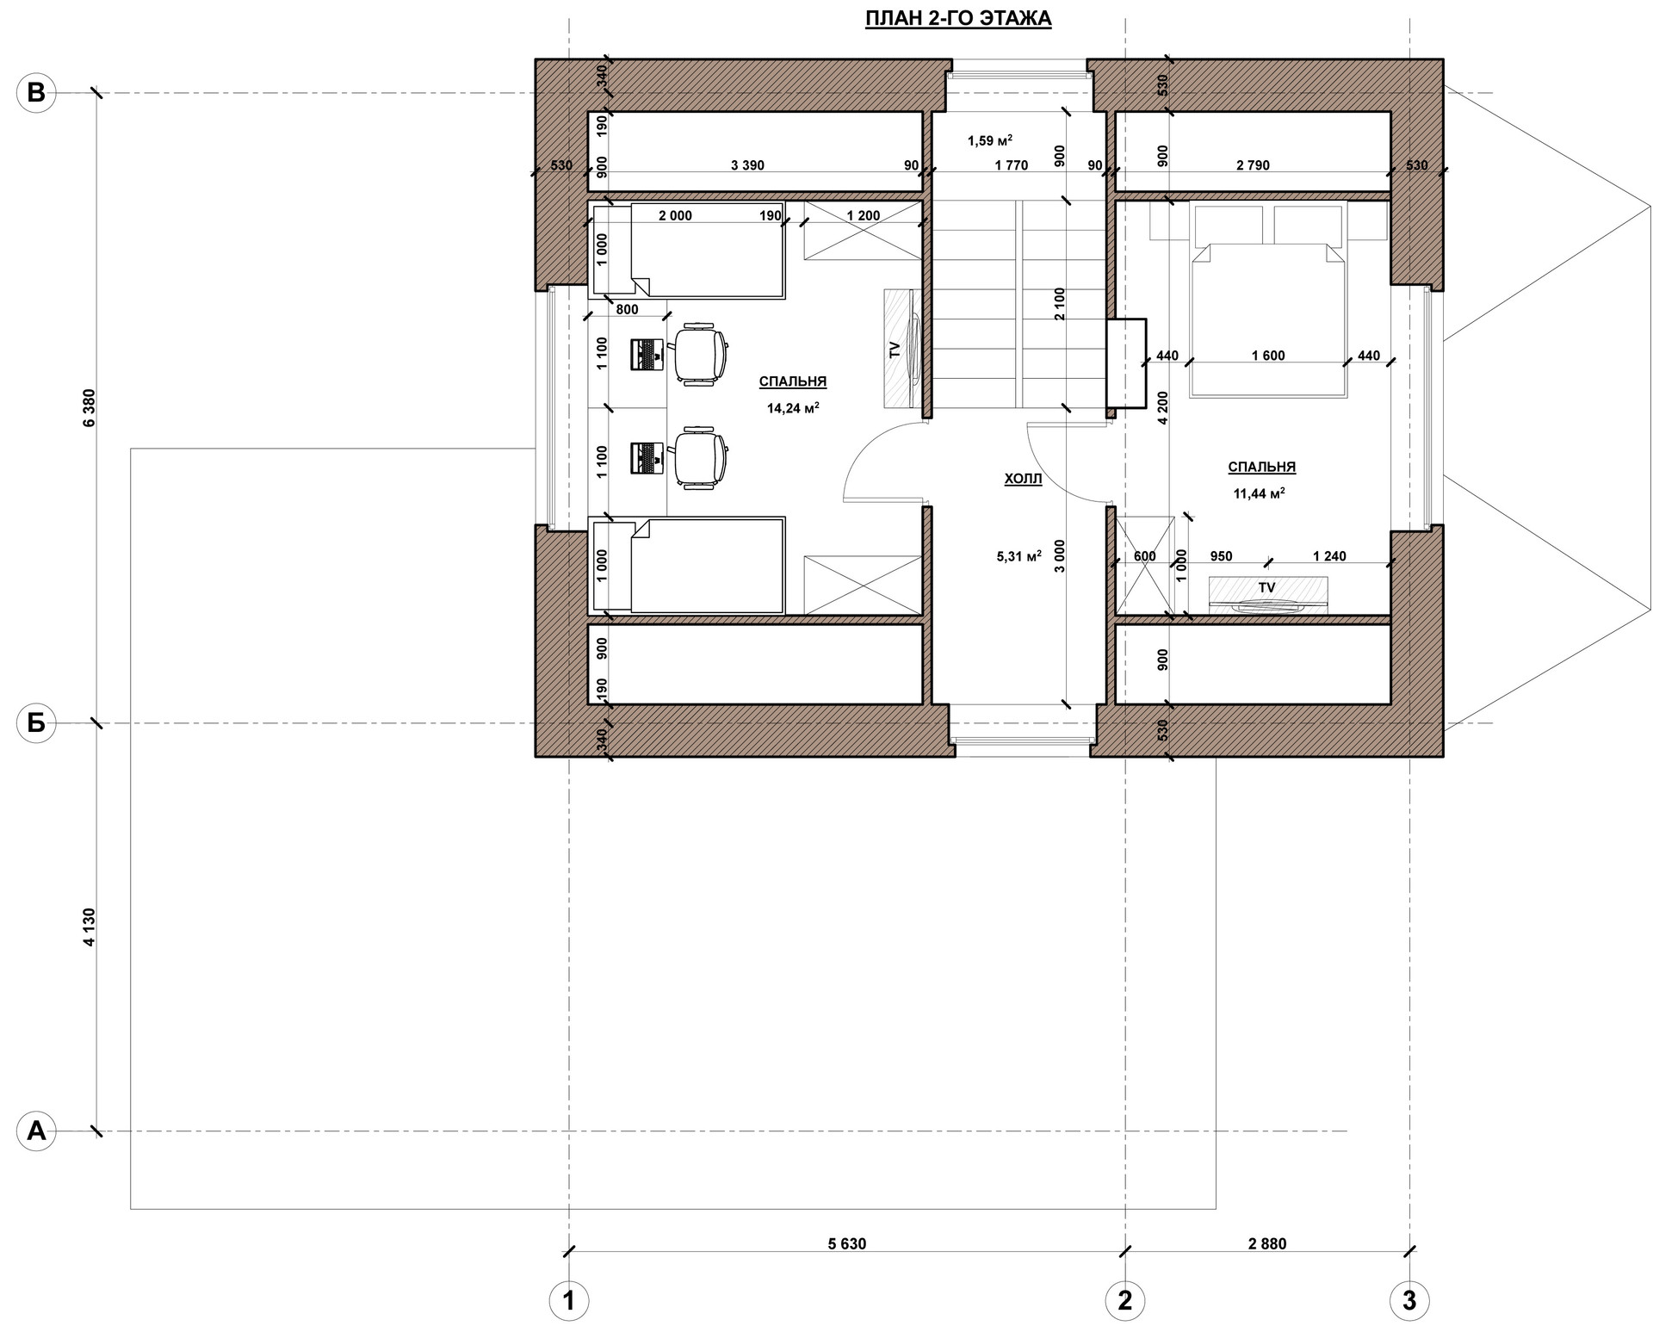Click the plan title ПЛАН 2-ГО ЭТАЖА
point(958,19)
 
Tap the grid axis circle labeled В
point(36,92)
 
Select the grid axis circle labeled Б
point(36,724)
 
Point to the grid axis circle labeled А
point(36,1131)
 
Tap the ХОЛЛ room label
point(1023,480)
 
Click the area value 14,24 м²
point(793,408)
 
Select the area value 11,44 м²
point(1260,493)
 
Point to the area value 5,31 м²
point(1019,556)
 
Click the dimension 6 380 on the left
point(90,408)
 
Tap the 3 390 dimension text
point(747,165)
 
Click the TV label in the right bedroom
point(1266,587)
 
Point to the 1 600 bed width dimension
point(1268,356)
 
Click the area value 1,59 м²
point(990,139)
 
